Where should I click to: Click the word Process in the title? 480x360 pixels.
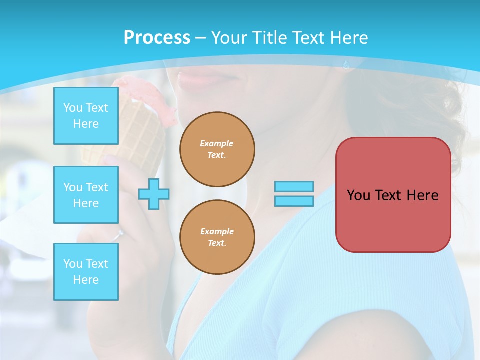[157, 37]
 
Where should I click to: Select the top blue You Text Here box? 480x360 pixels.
[86, 116]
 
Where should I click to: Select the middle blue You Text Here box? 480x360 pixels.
[86, 195]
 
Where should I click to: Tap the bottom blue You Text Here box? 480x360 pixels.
[86, 271]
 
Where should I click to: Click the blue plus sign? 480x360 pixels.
[154, 194]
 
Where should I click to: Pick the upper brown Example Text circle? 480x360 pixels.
[217, 149]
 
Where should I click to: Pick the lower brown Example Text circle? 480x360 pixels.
[217, 237]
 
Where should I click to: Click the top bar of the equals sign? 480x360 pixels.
[294, 186]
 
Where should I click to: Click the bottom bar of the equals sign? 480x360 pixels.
[294, 201]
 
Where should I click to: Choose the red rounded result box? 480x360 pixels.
[393, 195]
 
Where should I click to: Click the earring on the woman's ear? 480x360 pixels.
[346, 64]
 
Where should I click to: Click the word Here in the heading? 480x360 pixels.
[347, 37]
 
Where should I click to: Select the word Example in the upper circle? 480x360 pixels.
[216, 143]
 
